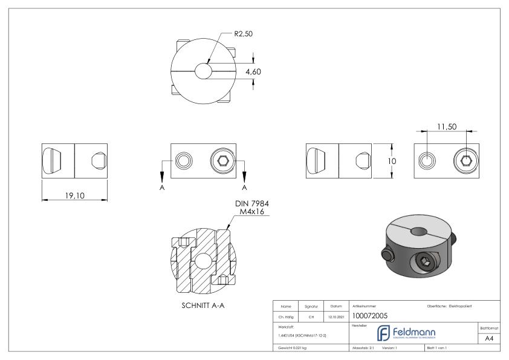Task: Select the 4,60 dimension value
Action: [x=253, y=72]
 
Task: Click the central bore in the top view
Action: [x=204, y=71]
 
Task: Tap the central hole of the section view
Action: [x=202, y=258]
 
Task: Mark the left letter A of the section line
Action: [x=162, y=187]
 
